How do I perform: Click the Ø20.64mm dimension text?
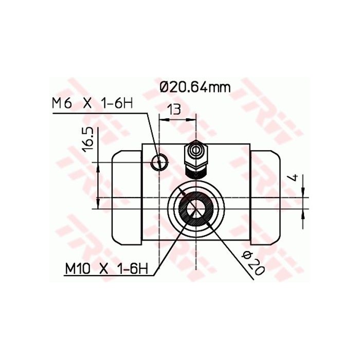(194, 87)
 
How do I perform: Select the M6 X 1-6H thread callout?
(92, 103)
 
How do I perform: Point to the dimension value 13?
(174, 109)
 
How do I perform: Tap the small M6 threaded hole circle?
(159, 163)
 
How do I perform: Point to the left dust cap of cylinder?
(127, 197)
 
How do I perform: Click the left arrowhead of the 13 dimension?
(164, 119)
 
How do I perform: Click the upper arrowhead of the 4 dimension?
(303, 192)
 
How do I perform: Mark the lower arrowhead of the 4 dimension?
(303, 212)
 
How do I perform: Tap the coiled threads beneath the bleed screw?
(196, 174)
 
